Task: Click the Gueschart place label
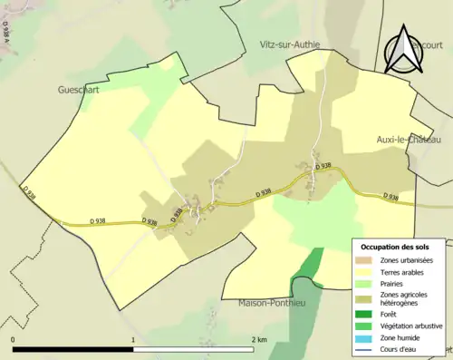[x=79, y=91]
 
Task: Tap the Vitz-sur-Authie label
[x=288, y=44]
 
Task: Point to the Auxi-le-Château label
[x=408, y=140]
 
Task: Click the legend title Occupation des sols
[x=398, y=247]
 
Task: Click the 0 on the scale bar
[x=13, y=339]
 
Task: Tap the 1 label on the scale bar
[x=134, y=339]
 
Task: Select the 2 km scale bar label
[x=258, y=339]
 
